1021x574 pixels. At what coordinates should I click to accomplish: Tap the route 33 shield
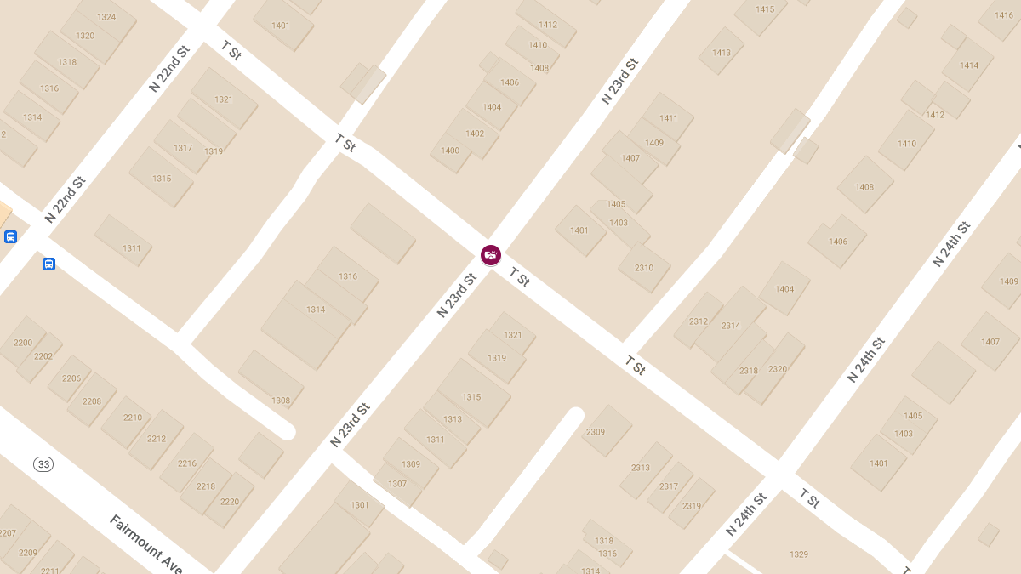tap(43, 464)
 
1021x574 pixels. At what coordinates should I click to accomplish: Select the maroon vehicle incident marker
tap(491, 254)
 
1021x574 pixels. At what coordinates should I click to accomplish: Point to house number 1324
tap(106, 17)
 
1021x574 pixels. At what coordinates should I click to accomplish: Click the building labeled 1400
tap(450, 151)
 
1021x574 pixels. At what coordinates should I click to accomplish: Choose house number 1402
tap(475, 134)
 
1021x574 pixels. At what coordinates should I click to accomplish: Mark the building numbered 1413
tap(722, 53)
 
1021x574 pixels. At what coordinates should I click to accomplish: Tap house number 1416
tap(1004, 15)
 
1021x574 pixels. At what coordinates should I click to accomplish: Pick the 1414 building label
tap(969, 65)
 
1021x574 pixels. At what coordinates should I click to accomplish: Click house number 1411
tap(669, 118)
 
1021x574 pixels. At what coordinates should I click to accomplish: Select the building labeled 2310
tap(644, 268)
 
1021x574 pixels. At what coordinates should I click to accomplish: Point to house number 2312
tap(699, 321)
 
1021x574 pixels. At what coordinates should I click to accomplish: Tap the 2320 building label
tap(778, 369)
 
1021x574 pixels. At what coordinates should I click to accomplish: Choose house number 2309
tap(596, 432)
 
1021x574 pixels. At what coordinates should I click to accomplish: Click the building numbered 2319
tap(692, 506)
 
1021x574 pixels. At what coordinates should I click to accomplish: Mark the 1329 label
tap(799, 554)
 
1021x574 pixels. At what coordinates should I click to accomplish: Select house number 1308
tap(281, 401)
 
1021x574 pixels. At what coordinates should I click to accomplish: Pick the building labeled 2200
tap(23, 343)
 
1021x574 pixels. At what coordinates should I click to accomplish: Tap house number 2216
tap(187, 463)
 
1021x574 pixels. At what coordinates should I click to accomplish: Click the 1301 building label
tap(360, 505)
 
